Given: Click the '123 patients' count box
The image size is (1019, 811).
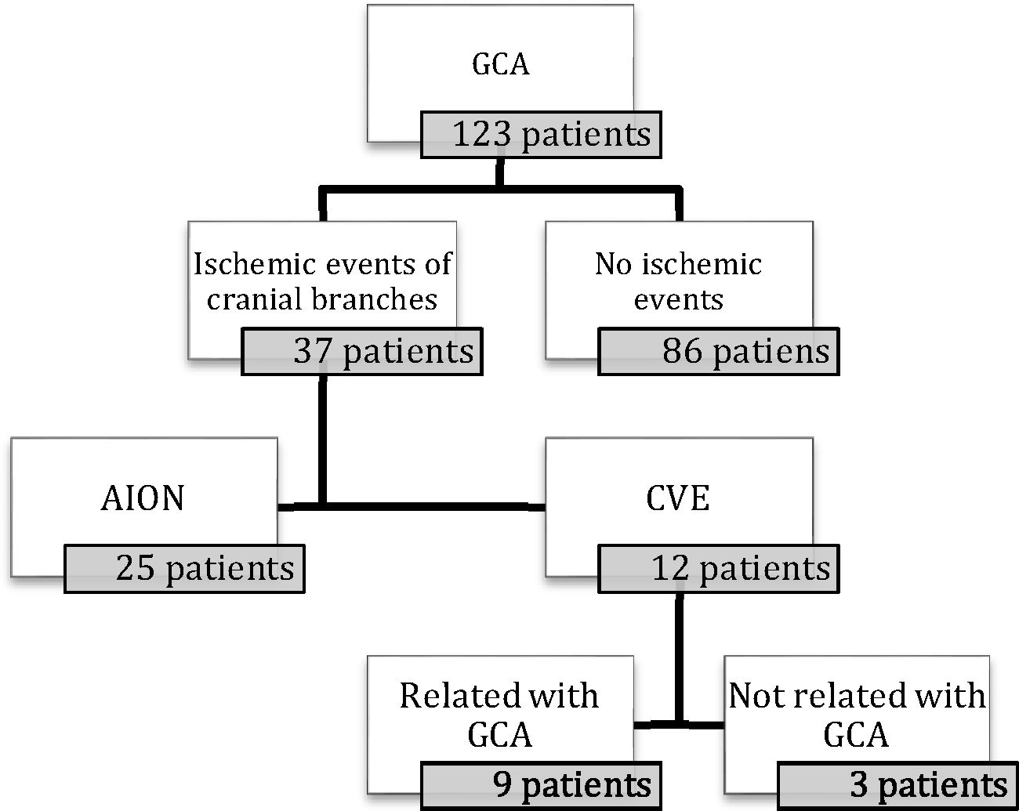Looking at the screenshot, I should (541, 135).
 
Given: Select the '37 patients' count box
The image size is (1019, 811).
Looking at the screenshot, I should (361, 352).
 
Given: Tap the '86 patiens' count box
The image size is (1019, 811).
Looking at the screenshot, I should (718, 352).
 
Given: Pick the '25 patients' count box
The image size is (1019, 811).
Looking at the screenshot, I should (184, 568).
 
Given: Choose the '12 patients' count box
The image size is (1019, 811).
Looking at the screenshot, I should (718, 568).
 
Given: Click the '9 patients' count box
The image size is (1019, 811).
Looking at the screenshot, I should (541, 785).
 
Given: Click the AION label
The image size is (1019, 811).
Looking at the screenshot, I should (143, 499).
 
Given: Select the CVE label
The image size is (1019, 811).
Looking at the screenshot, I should (678, 499).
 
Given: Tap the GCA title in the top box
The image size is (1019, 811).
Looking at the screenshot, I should (500, 64).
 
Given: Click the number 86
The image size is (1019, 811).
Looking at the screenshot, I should (682, 352).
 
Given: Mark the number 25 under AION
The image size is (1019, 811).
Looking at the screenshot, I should (135, 568).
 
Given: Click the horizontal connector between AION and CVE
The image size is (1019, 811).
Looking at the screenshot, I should (431, 506).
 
